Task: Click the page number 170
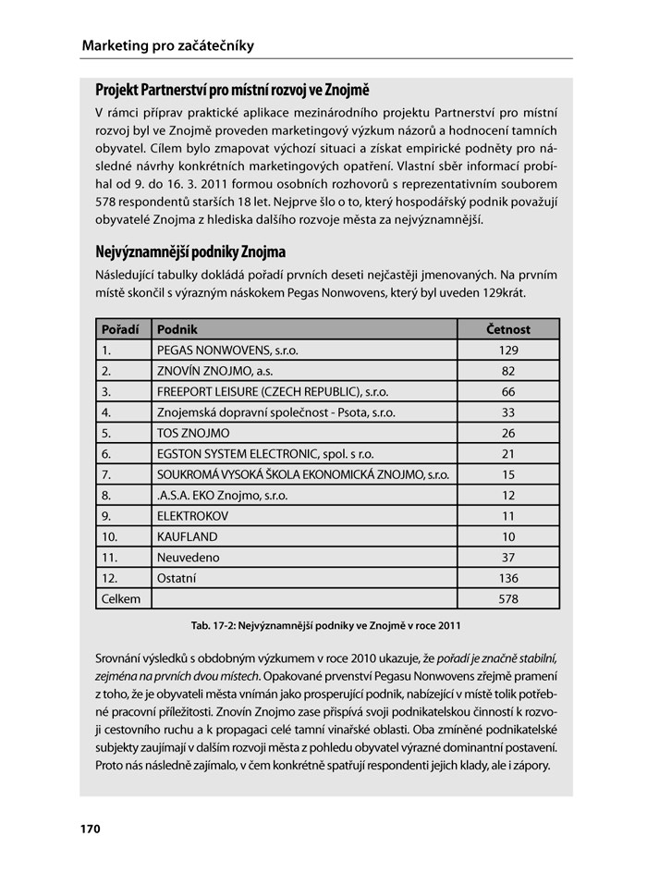coord(90,829)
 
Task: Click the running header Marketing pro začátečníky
coord(167,45)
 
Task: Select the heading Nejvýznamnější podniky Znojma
coord(190,252)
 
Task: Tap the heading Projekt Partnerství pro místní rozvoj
coord(232,91)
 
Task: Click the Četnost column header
coord(508,329)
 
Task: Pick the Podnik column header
coord(177,329)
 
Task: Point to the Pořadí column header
coord(120,329)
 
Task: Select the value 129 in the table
coord(508,350)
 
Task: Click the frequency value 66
coord(508,391)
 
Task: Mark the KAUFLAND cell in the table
coord(188,536)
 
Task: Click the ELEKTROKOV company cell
coord(192,516)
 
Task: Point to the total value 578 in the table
coord(508,599)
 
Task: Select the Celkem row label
coord(121,599)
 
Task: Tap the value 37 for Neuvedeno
coord(508,558)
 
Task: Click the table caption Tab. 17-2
coord(325,626)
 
